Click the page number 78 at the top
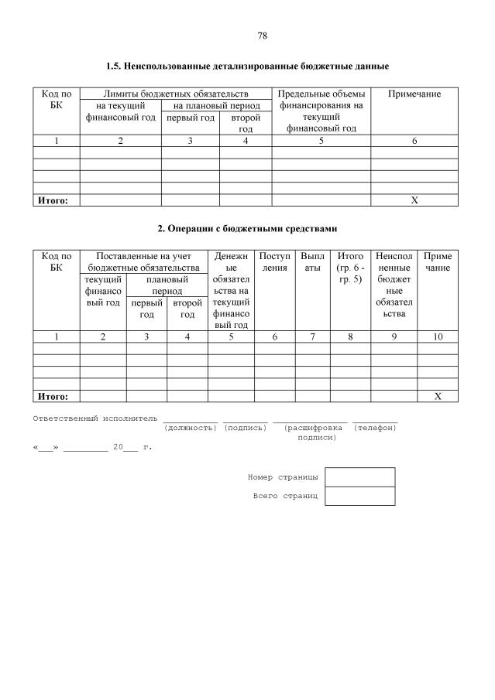(262, 36)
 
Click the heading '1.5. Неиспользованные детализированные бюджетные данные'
(247, 67)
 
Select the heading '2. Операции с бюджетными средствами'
(247, 229)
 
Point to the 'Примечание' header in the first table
(414, 94)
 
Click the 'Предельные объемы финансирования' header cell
(321, 111)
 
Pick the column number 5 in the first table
(321, 141)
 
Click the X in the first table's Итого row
(414, 200)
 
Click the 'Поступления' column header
(275, 261)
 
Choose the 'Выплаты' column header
(312, 261)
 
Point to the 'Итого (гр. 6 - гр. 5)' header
(350, 267)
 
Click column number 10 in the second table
(438, 336)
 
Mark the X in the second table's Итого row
(438, 396)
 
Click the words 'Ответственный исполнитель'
(95, 418)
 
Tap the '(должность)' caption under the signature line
(191, 428)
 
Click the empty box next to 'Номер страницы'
(360, 477)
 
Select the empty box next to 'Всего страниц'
(360, 496)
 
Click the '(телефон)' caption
(375, 428)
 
